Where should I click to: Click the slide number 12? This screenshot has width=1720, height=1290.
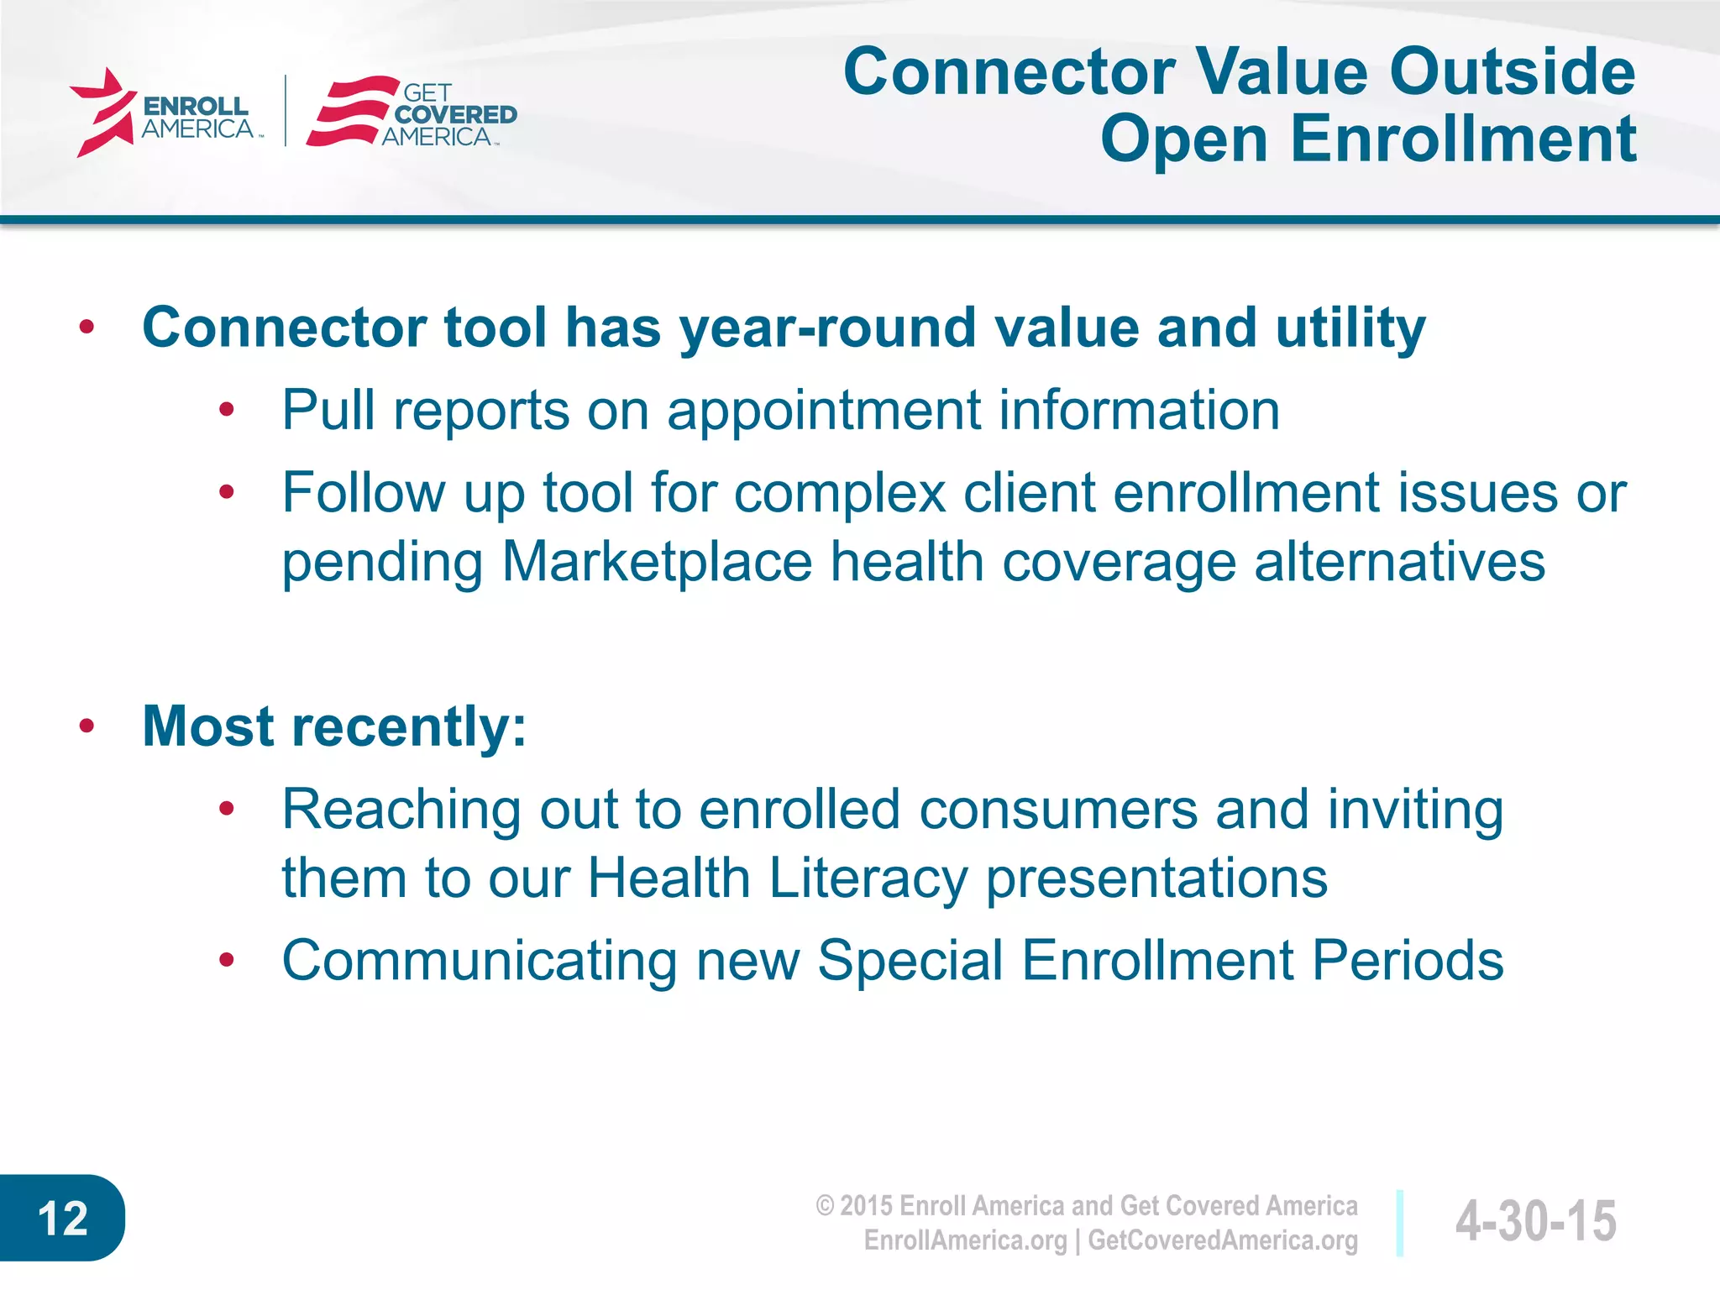(62, 1218)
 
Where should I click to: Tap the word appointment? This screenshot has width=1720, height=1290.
(824, 411)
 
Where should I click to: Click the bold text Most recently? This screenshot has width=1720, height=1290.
(334, 726)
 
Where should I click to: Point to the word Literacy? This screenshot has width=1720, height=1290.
(868, 878)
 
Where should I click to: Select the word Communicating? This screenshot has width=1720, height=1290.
(480, 960)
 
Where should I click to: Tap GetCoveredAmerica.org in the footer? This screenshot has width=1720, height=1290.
(1222, 1240)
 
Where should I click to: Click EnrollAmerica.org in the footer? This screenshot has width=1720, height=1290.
(965, 1240)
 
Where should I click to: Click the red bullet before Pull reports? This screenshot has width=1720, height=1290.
(226, 410)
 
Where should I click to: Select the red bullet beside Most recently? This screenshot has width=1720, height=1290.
(87, 726)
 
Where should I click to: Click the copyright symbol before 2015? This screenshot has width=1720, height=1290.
(825, 1206)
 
